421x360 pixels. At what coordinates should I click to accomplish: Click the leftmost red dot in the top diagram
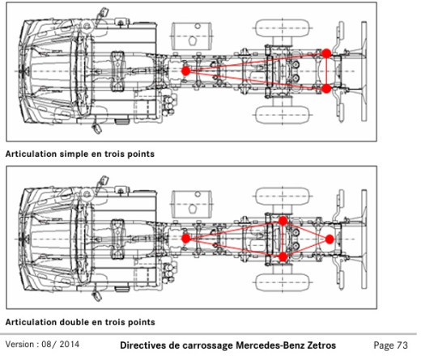click(185, 71)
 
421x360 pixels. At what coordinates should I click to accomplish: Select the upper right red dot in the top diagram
click(326, 53)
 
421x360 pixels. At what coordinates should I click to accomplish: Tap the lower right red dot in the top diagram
click(326, 88)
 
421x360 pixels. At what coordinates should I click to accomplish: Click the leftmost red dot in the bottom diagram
click(185, 239)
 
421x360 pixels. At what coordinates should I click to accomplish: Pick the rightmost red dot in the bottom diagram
click(330, 239)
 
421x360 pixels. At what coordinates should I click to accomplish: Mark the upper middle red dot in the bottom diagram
click(283, 220)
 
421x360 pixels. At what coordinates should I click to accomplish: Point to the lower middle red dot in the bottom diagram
click(283, 257)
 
